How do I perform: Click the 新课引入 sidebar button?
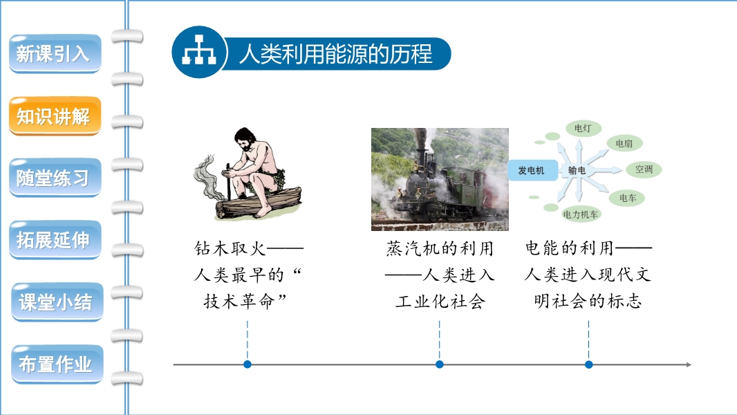(55, 53)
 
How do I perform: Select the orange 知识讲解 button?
(55, 116)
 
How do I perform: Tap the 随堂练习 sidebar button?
(55, 178)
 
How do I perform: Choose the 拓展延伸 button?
(55, 240)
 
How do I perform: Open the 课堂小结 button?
(57, 302)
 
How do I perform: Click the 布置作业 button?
(57, 365)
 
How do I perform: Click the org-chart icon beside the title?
(199, 52)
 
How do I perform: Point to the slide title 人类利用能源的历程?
(335, 53)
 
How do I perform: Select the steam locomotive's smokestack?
(420, 149)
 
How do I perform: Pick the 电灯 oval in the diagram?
(583, 128)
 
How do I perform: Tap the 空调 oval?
(644, 169)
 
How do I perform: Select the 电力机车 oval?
(581, 214)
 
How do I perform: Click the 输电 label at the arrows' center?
(577, 170)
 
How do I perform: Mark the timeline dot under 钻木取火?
(248, 365)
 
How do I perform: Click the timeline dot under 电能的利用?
(588, 365)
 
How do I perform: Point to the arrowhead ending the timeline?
(689, 365)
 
